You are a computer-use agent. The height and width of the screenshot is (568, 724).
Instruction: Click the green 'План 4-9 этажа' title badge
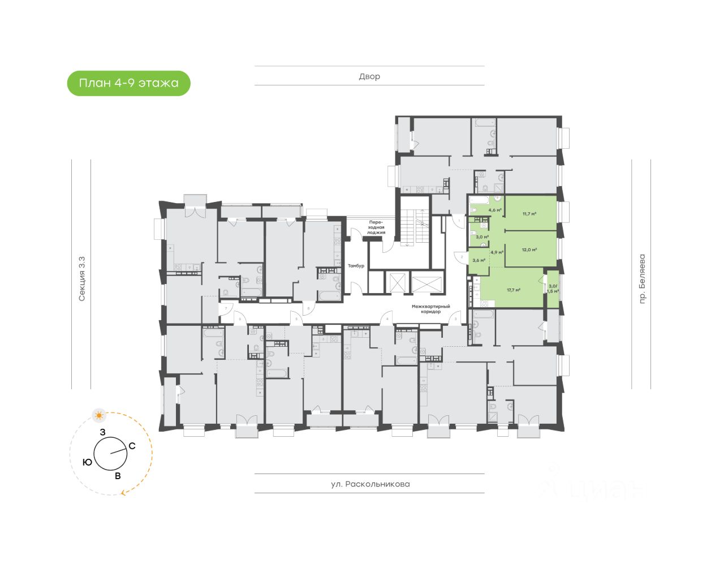point(128,84)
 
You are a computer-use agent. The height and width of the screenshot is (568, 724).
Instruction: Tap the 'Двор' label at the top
point(369,76)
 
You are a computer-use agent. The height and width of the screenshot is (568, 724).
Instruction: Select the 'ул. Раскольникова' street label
point(370,484)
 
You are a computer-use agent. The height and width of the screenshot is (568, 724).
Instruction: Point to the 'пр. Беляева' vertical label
point(641,279)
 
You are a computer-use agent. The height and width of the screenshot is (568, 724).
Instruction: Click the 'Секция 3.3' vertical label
point(82,278)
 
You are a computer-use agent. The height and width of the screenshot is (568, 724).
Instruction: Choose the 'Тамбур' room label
point(356,265)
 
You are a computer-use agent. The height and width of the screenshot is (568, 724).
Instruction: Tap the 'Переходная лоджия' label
point(376,226)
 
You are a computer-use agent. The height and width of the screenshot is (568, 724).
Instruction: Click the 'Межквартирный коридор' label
point(430,309)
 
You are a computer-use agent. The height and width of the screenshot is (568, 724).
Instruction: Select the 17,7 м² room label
point(514,290)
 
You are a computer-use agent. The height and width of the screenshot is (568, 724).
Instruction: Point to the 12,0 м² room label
point(529,249)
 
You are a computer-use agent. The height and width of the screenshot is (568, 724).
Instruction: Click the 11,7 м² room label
point(529,214)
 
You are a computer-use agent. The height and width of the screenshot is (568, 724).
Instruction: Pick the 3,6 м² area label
point(479,260)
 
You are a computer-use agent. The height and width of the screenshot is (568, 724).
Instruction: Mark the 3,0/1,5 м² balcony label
point(553,289)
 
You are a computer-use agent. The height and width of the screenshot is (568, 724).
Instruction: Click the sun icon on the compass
point(100,416)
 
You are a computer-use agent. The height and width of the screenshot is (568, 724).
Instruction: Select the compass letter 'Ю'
point(87,462)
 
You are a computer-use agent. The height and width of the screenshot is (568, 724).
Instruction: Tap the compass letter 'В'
point(118,476)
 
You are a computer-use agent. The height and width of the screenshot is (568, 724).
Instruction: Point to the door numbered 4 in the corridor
point(387,318)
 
